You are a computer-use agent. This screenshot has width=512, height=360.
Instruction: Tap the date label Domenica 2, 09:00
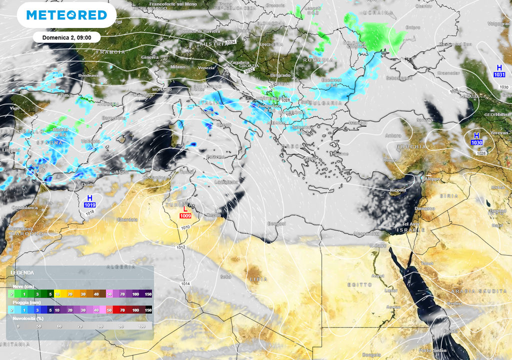pos(67,37)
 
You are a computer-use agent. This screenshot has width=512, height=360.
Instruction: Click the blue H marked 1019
pos(90,201)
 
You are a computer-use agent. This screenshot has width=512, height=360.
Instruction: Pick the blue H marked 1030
pos(476,139)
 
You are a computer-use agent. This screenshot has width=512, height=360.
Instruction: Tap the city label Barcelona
pos(114,118)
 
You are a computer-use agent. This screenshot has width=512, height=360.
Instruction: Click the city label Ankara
pos(393,135)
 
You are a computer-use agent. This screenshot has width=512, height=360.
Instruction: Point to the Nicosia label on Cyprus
pos(398,190)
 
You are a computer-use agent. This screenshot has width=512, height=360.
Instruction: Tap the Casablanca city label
pos(25,207)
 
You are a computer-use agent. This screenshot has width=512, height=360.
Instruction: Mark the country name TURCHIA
pos(411,147)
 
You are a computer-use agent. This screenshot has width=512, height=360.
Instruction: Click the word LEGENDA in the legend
pos(22,272)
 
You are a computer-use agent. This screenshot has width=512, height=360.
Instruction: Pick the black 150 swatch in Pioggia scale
pos(148,310)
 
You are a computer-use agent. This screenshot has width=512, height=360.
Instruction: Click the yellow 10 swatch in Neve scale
pos(57,294)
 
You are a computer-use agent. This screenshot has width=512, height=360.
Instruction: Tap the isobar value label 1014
pos(185,283)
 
